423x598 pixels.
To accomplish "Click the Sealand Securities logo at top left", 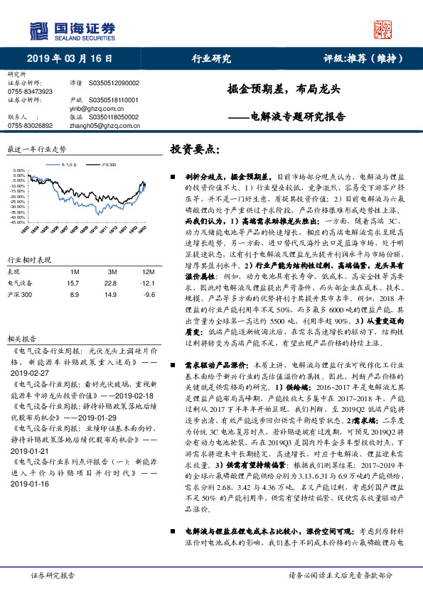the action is (71, 29).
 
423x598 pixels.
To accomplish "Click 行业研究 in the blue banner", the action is (211, 59).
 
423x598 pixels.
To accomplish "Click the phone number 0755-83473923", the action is (30, 92).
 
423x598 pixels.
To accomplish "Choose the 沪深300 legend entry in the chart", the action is (107, 163).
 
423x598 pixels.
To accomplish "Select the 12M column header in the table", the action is (148, 271).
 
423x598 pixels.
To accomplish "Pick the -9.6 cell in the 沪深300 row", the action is (148, 293).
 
